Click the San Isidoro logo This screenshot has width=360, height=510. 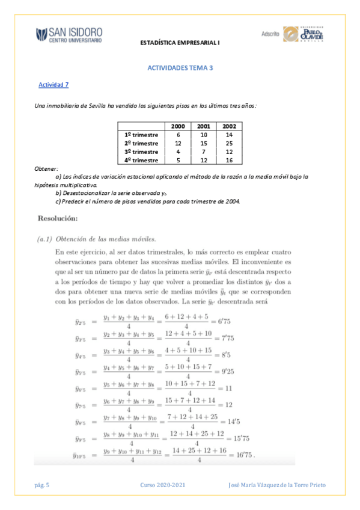tap(69, 34)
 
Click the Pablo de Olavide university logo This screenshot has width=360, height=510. tap(304, 34)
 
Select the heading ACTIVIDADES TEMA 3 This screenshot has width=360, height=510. tap(180, 69)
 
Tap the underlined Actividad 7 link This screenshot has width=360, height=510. tap(53, 85)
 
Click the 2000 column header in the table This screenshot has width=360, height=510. tap(178, 126)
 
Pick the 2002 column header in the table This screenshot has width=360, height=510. tap(228, 126)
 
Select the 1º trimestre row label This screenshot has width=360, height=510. tap(141, 135)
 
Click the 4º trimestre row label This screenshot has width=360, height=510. tap(141, 161)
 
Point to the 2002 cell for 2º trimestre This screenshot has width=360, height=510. tap(228, 144)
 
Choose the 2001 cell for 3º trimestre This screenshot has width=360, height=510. tap(203, 152)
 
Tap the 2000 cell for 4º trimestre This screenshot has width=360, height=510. tap(178, 161)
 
